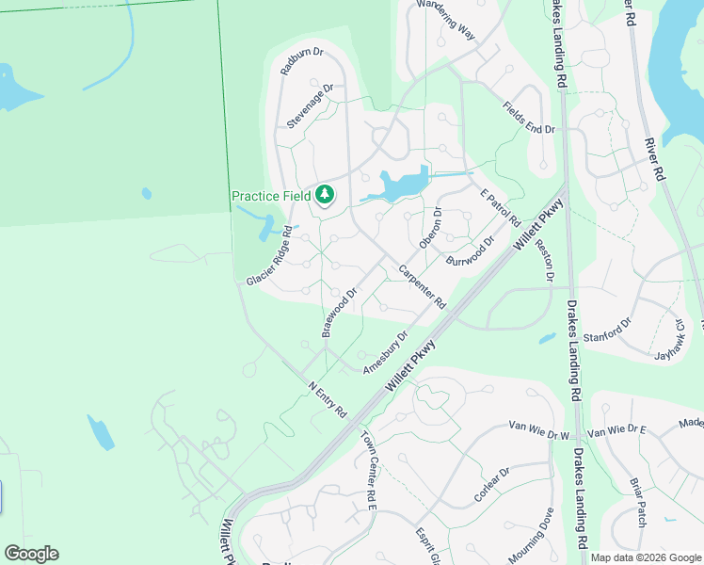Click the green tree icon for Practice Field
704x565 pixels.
325,195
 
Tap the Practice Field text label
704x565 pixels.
272,196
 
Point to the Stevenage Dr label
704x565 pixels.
311,106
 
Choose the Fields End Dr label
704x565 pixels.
528,118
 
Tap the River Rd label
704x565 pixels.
655,160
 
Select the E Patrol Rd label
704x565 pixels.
500,207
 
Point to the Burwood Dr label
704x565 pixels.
471,250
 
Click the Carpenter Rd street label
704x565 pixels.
421,286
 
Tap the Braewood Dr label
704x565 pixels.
341,312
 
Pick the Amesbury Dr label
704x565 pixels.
386,351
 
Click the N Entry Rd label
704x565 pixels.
328,399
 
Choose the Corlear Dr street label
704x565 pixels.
491,483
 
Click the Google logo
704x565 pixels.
31,554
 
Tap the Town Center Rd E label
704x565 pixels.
368,471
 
